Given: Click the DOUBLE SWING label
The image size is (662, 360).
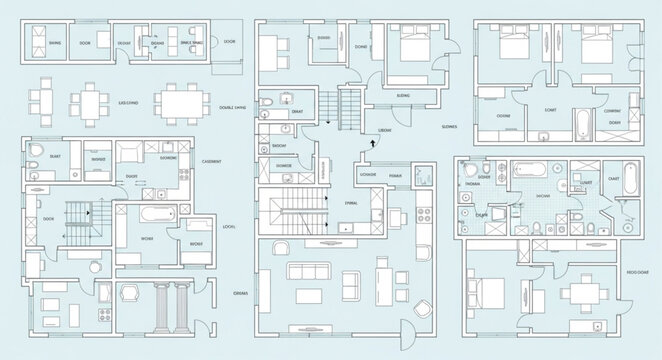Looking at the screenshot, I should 234,107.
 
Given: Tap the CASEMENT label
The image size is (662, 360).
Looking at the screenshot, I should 212,161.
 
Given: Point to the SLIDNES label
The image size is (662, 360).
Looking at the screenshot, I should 449,128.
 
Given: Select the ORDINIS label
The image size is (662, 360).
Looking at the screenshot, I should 240,293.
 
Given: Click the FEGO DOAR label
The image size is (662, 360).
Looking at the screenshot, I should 637,272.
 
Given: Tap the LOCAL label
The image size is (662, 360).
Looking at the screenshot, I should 229,227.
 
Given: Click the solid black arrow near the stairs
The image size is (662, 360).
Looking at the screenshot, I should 373,143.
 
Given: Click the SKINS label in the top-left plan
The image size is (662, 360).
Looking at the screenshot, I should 55,43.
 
